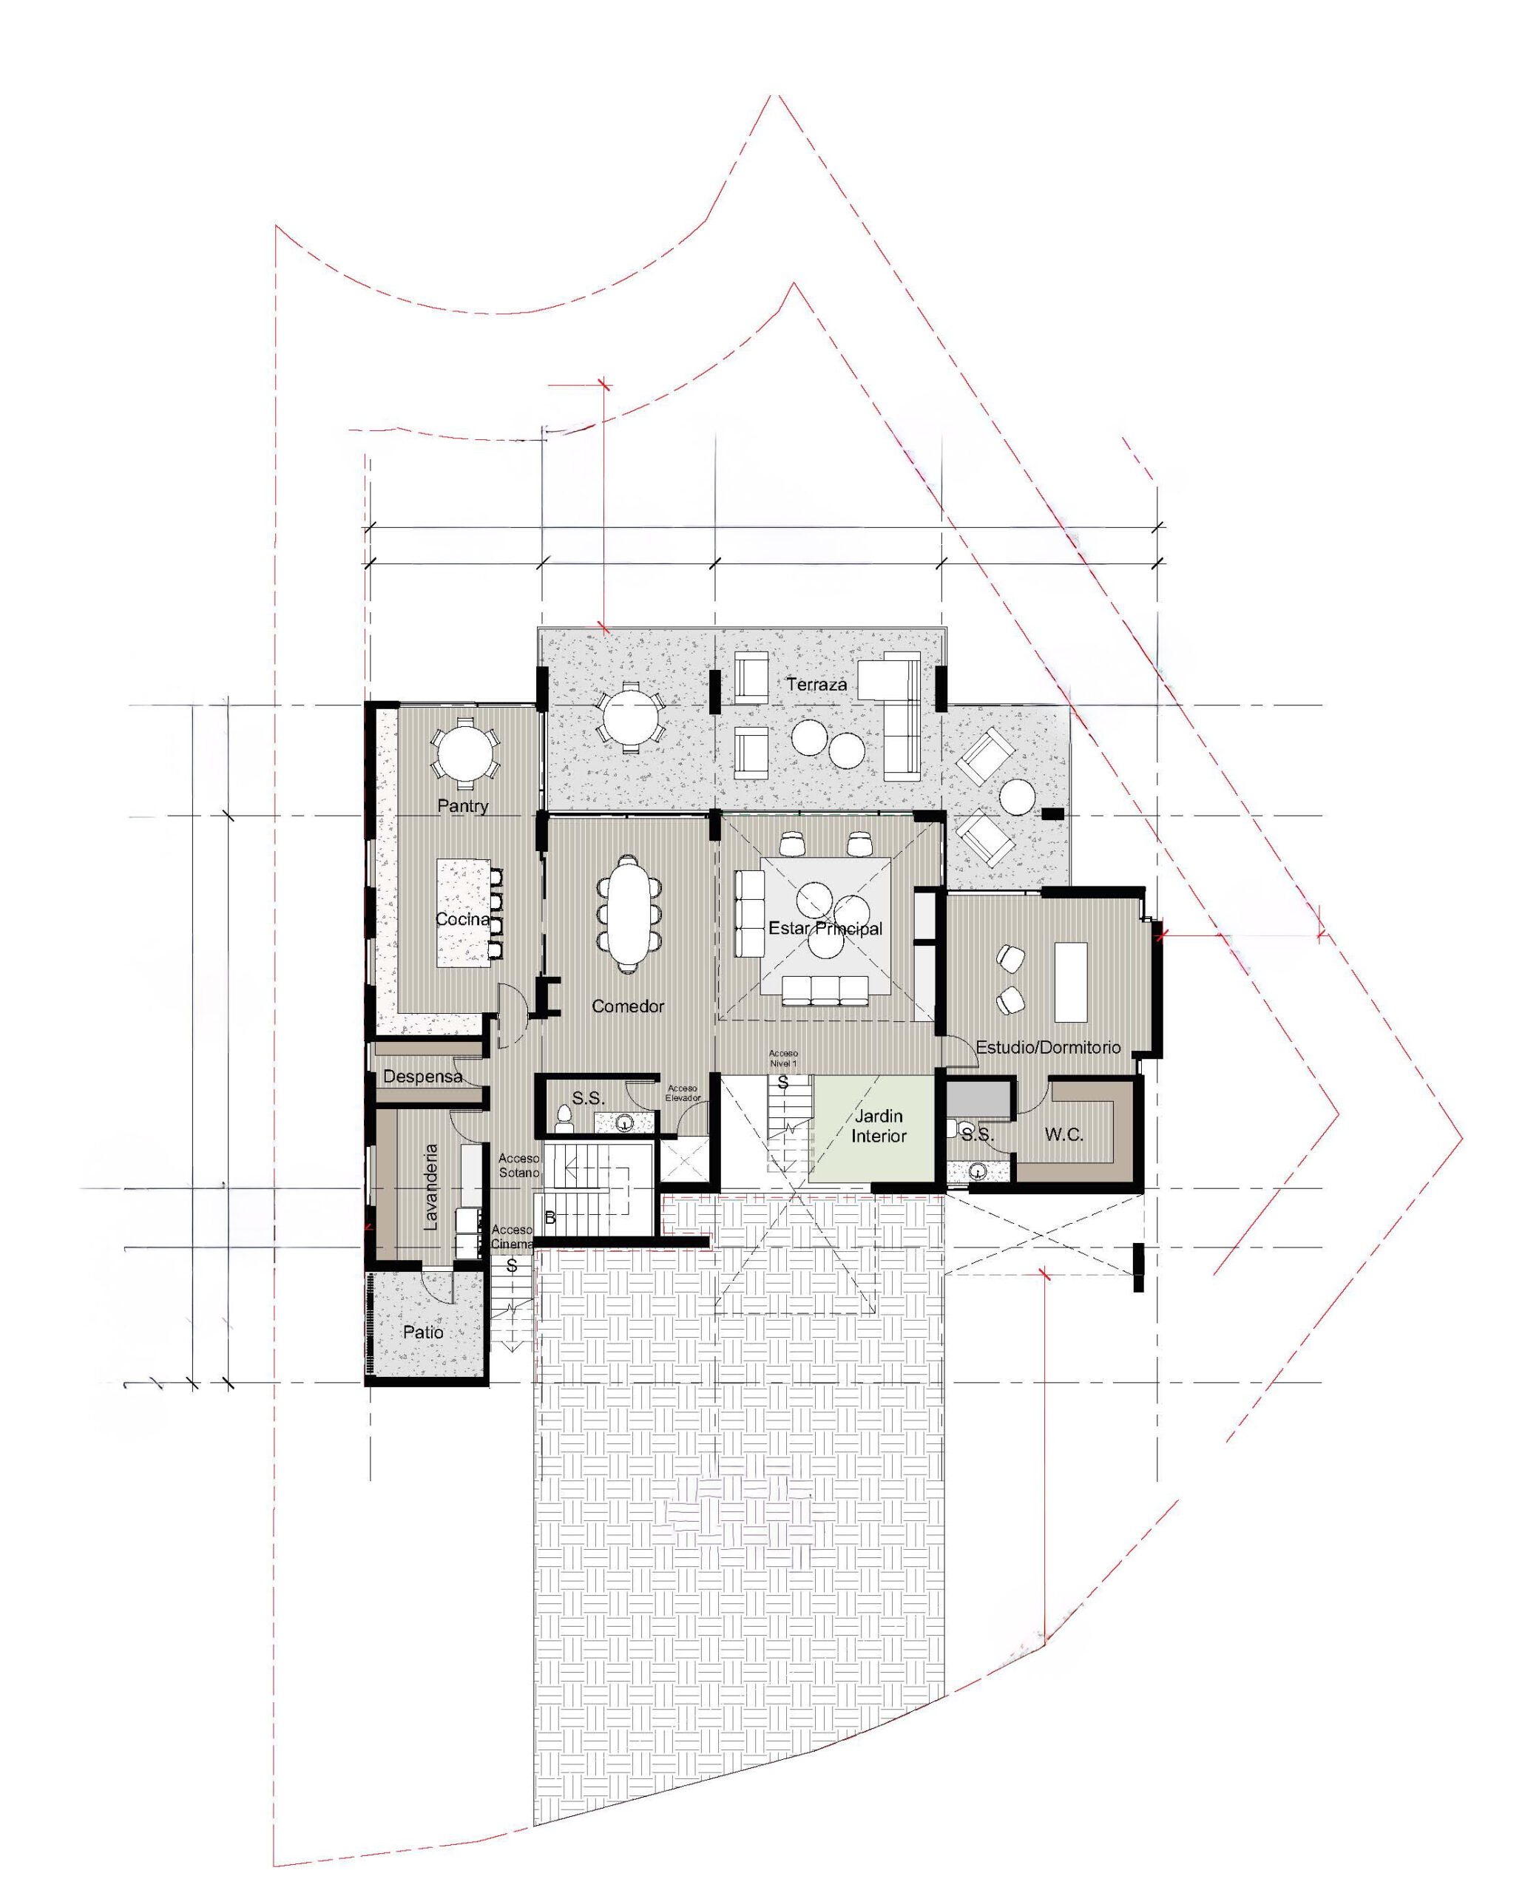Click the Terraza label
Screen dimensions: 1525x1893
click(x=816, y=683)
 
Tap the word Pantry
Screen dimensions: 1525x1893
click(x=463, y=805)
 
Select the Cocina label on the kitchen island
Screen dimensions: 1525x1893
click(x=463, y=919)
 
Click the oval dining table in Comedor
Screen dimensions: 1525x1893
click(x=627, y=913)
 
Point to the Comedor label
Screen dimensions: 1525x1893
click(x=627, y=1006)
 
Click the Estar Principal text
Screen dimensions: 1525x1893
click(x=825, y=929)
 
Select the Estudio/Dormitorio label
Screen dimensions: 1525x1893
click(x=1048, y=1047)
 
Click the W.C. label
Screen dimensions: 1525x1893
click(x=1064, y=1135)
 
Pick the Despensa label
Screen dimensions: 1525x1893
click(x=422, y=1076)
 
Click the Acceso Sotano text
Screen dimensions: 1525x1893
click(x=518, y=1165)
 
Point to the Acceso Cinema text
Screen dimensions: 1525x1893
click(x=512, y=1237)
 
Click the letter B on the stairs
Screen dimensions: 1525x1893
click(x=550, y=1219)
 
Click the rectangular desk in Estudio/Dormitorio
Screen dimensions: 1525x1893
click(x=1071, y=981)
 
